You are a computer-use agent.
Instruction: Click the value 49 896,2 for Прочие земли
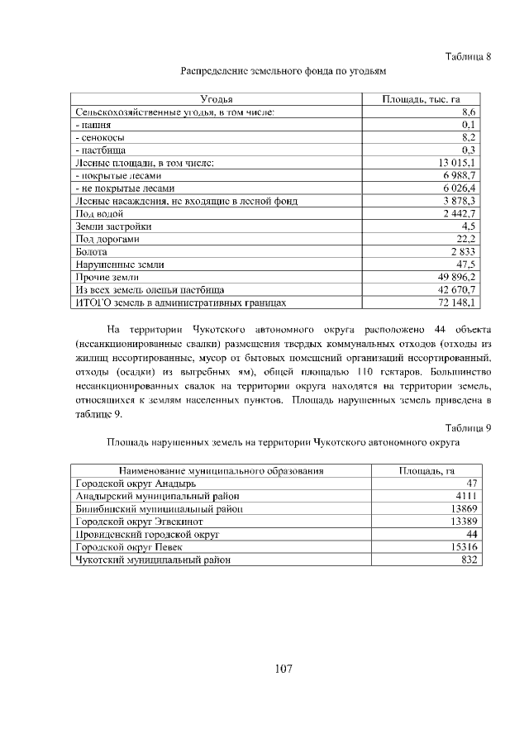click(453, 277)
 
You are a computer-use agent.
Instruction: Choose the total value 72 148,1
click(453, 303)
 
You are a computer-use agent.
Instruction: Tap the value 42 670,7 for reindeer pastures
click(453, 290)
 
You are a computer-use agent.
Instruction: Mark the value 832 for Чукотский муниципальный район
click(470, 560)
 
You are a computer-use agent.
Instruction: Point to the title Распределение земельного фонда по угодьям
click(284, 71)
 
